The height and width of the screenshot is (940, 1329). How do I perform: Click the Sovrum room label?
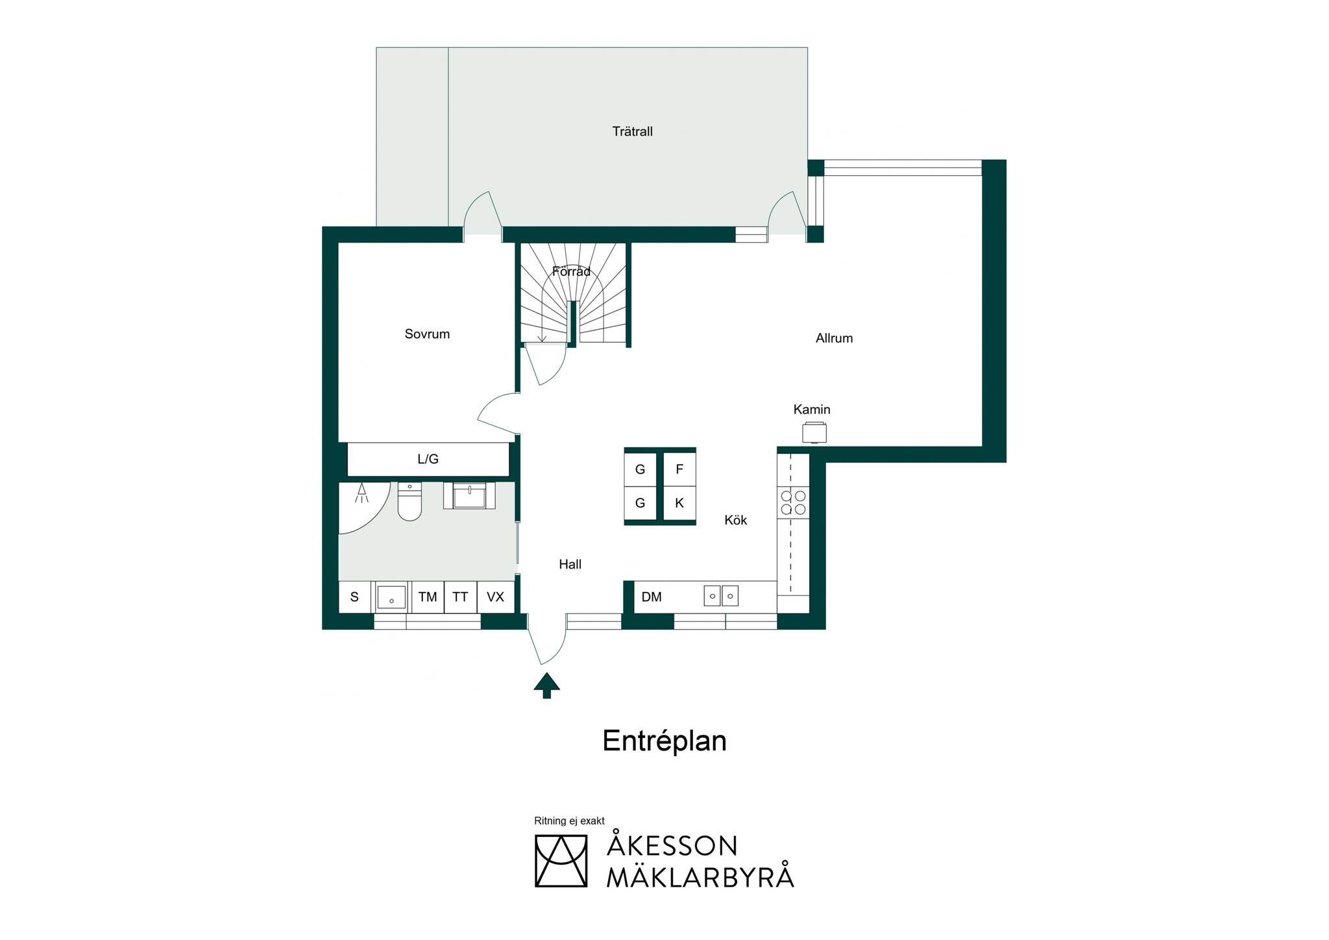click(427, 334)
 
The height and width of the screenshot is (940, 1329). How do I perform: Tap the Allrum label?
click(834, 338)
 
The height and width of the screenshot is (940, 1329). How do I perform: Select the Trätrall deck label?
click(632, 132)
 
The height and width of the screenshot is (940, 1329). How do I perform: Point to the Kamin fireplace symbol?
click(814, 432)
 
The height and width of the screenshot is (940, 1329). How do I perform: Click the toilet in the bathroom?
click(409, 501)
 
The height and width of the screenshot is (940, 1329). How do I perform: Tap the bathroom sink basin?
click(469, 496)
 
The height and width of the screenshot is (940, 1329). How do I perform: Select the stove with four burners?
click(793, 502)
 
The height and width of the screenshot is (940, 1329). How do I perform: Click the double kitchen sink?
click(721, 595)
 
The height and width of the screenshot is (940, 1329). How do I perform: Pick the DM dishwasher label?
click(652, 597)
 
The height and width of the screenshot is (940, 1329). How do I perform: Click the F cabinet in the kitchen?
click(679, 469)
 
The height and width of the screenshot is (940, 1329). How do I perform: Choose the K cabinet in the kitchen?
click(679, 503)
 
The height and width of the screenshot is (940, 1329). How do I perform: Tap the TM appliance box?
click(428, 597)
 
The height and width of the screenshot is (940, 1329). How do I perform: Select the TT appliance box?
click(461, 597)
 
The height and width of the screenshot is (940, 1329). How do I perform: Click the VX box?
click(496, 597)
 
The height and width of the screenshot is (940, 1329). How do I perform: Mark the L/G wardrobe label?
click(428, 460)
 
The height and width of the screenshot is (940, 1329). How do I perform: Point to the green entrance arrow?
click(546, 685)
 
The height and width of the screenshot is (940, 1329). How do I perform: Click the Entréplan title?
click(664, 741)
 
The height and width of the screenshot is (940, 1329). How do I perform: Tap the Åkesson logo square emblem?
click(561, 861)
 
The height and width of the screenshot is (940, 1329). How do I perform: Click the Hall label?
click(570, 565)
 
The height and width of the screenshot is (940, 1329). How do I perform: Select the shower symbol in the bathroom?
click(361, 493)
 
